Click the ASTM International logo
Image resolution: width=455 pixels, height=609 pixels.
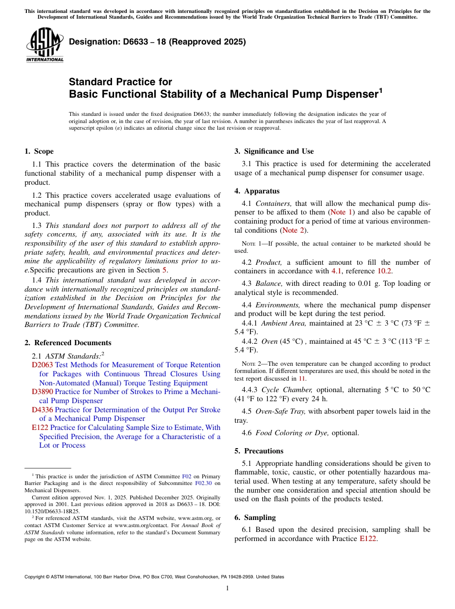coord(45,45)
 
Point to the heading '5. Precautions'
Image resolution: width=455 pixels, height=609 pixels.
coord(259,451)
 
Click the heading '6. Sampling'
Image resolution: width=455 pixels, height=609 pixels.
coord(255,518)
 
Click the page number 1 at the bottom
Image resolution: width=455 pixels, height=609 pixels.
coord(227,588)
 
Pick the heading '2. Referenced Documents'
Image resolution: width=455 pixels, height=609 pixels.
coord(68,343)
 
